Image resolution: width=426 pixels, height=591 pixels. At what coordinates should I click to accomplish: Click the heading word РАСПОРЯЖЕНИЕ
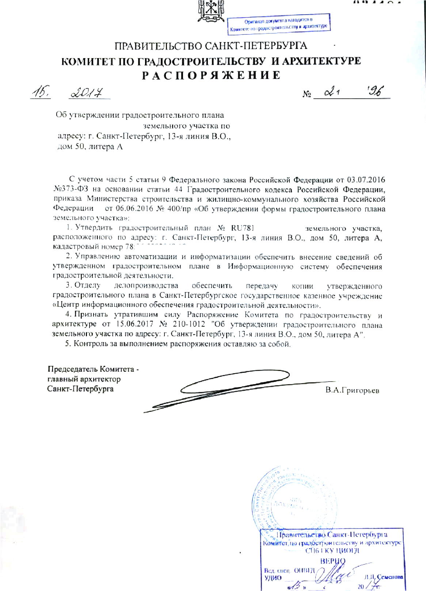(212, 75)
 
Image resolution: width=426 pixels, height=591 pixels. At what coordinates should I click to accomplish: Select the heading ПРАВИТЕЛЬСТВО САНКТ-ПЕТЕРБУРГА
(211, 46)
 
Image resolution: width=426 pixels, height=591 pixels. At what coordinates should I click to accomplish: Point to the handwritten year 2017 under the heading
(87, 93)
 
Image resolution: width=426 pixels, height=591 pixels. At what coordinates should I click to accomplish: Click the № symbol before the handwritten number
(307, 94)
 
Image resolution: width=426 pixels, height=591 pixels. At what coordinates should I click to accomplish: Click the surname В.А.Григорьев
(352, 390)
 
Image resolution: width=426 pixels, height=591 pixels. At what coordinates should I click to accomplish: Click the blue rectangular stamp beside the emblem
(279, 23)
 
